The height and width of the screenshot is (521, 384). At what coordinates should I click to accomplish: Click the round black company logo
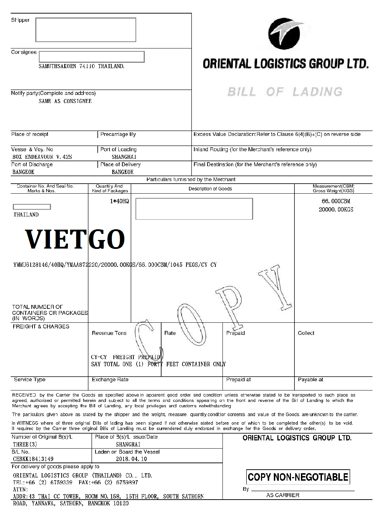pos(284,34)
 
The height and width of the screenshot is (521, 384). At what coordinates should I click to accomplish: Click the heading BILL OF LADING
pos(285,92)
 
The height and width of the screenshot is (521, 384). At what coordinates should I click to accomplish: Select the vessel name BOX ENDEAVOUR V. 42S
pos(42,157)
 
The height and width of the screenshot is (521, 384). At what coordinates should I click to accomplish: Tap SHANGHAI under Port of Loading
pos(124,157)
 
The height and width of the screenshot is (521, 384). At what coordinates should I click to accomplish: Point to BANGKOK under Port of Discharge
pos(24,172)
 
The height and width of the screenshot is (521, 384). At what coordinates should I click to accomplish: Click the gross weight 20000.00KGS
pos(336,210)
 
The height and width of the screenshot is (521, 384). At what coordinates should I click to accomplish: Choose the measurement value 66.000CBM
pos(336,201)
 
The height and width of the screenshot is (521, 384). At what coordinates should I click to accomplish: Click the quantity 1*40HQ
pos(119,201)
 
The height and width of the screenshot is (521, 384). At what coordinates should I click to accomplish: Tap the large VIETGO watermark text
pos(75,239)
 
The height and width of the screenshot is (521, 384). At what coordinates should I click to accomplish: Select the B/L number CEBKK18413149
pos(33,459)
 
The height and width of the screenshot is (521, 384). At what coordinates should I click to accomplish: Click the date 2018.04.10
pos(131,459)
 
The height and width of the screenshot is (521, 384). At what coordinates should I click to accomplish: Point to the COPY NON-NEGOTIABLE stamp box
pos(298,477)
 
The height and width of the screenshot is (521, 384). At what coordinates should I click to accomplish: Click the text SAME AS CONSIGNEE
pos(65,101)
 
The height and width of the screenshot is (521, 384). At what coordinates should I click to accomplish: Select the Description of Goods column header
pos(210,189)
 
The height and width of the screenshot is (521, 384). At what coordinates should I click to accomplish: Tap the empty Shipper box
pos(86,30)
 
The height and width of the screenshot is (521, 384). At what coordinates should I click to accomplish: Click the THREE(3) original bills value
pos(25,444)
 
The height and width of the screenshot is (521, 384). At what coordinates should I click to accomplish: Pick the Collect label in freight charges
pos(306,333)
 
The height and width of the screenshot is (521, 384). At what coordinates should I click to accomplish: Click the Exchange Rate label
pos(110,379)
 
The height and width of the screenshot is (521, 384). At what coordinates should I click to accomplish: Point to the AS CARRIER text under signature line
pos(283,495)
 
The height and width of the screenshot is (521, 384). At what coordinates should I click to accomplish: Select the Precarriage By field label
pos(118,134)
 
